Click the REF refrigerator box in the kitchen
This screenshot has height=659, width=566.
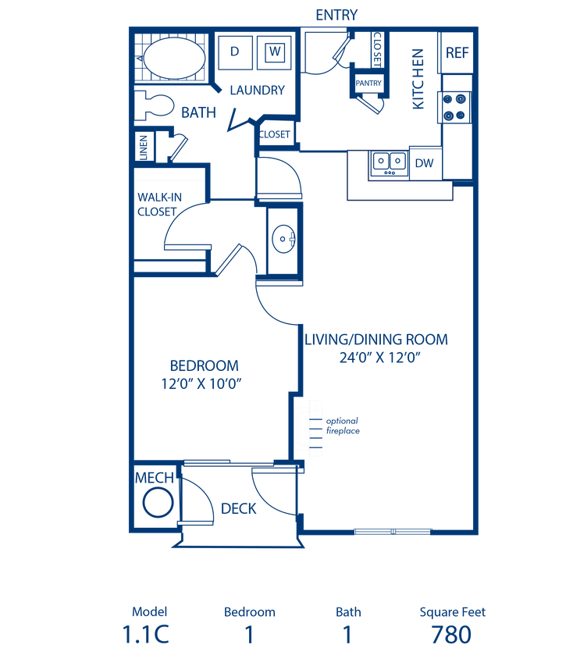(457, 52)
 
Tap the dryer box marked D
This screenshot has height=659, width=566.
(234, 52)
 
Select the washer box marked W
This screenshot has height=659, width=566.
(275, 52)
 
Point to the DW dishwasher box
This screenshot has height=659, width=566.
(425, 164)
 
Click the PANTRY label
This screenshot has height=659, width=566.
(368, 83)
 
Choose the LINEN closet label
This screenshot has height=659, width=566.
(144, 148)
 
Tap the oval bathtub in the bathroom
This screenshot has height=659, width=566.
(171, 59)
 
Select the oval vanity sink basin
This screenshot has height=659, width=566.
(283, 238)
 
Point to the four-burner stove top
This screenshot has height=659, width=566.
(457, 108)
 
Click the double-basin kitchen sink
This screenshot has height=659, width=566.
(388, 163)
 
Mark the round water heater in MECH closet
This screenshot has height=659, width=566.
(158, 503)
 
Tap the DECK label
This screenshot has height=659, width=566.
(239, 508)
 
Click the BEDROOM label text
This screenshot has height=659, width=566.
(204, 365)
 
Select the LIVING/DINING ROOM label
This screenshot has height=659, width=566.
(378, 340)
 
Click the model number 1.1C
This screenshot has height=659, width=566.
(146, 636)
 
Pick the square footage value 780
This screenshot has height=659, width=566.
(452, 636)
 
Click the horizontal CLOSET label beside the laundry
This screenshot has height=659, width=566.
(275, 134)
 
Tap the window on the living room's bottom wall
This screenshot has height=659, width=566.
(393, 532)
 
